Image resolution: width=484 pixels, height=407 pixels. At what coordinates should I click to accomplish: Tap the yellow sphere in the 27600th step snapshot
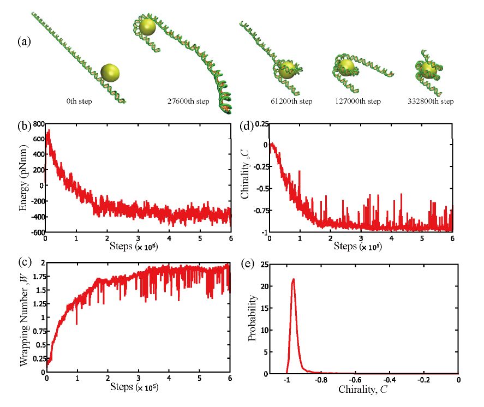pos(148,26)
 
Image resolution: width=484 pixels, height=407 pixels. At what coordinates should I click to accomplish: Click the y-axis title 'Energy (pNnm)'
pos(23,177)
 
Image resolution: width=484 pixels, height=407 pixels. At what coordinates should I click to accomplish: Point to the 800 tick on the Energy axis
pos(37,124)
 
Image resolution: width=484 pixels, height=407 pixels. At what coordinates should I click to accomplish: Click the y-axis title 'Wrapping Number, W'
pos(23,316)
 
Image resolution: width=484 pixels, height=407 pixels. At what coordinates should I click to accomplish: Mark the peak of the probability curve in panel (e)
pos(294,279)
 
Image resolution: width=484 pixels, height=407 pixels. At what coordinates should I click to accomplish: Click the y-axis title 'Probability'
pos(252,319)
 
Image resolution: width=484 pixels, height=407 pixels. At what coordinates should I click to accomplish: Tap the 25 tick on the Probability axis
pos(260,264)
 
